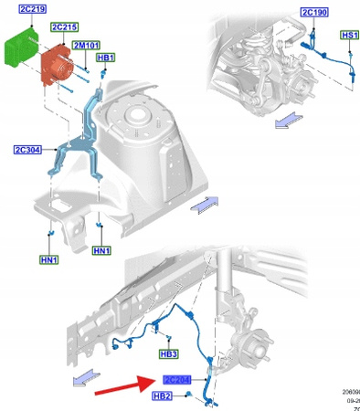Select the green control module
click(x=20, y=47)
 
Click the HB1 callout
click(x=106, y=58)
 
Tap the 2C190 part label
click(x=313, y=11)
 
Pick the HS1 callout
click(x=349, y=35)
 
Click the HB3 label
click(x=168, y=353)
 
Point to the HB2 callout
click(x=162, y=395)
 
